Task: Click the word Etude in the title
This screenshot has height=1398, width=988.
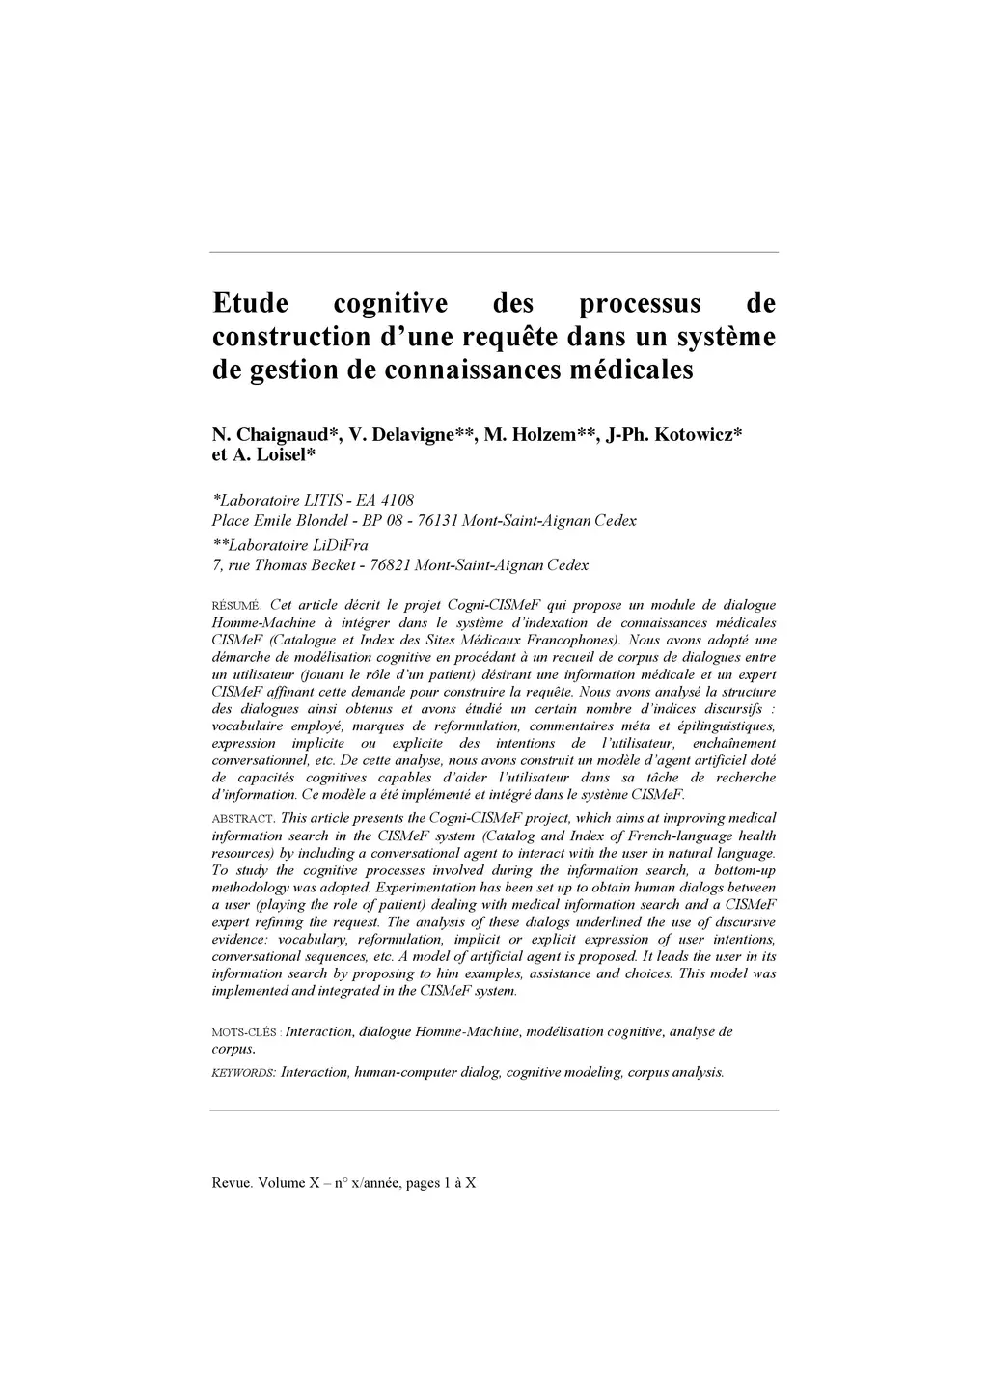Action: [250, 304]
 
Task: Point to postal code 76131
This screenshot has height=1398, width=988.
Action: [437, 521]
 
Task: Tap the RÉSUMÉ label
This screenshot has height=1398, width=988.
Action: [235, 606]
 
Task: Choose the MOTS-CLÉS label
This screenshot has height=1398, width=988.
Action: [245, 1032]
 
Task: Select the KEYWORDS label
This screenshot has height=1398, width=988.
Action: [243, 1073]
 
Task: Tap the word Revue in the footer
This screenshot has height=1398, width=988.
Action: [232, 1183]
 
